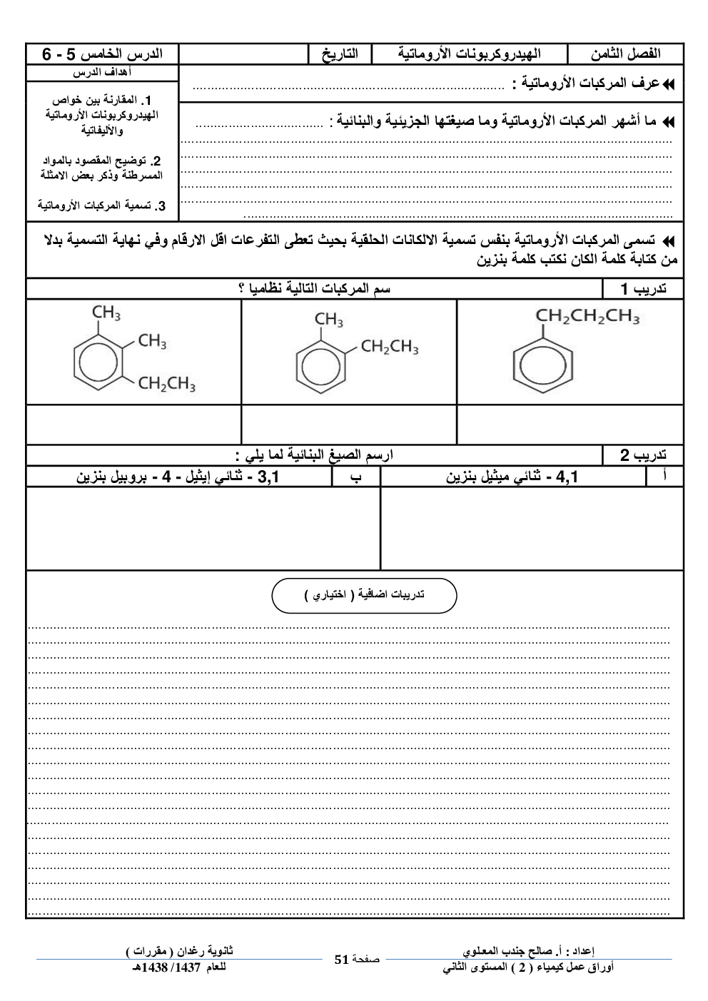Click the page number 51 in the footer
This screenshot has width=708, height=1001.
340,960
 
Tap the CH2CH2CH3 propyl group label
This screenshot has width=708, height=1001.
587,316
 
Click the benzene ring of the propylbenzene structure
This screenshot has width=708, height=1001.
543,372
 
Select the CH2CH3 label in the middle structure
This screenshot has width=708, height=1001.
390,347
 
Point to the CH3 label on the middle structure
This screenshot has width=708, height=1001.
329,320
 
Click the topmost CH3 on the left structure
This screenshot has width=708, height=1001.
106,313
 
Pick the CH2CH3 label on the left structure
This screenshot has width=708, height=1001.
167,385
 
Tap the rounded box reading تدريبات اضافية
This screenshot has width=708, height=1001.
364,595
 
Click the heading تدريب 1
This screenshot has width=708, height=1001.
643,289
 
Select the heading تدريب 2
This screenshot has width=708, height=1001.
643,455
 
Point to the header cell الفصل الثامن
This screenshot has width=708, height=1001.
625,54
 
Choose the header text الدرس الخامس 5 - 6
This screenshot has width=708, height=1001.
102,54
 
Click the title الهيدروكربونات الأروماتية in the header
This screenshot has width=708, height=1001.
469,54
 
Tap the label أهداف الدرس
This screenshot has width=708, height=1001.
102,73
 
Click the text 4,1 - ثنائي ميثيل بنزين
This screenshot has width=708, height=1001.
512,477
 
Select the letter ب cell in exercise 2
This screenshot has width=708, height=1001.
355,477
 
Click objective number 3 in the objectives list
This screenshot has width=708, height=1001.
102,206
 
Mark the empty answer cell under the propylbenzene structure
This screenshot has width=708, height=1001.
570,425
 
